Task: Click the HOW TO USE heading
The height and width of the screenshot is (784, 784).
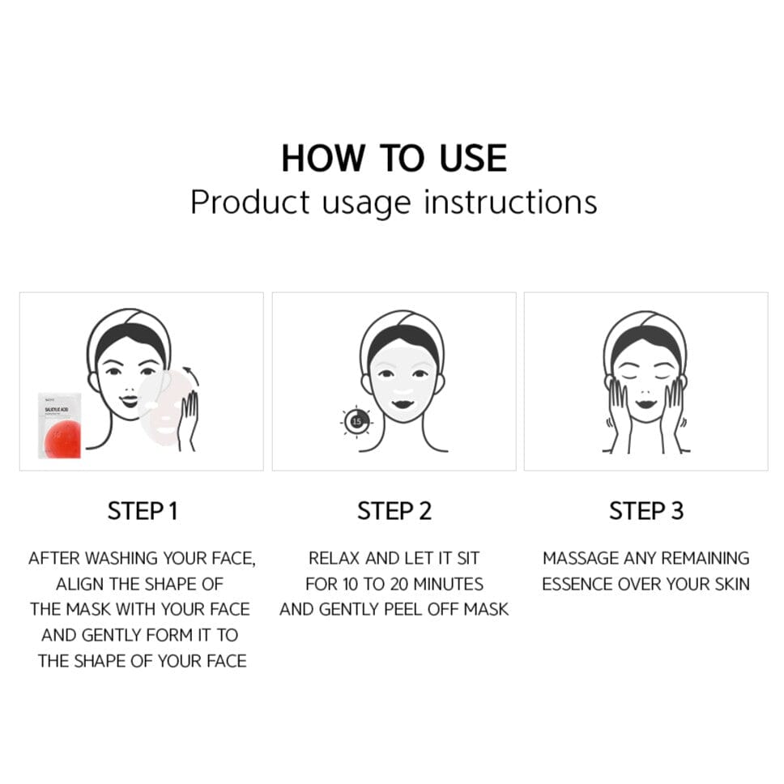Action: [x=394, y=158]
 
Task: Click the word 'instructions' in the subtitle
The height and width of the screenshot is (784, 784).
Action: [x=510, y=202]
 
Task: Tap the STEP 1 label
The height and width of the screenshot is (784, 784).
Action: [x=142, y=511]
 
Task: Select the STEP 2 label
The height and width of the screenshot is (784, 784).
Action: [x=394, y=511]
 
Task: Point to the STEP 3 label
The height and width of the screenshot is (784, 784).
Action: [x=646, y=511]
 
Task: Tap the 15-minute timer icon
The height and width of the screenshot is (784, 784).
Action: [x=356, y=421]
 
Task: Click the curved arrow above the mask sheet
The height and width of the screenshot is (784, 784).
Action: [x=190, y=375]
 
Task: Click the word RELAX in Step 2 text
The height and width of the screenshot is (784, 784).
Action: [x=335, y=558]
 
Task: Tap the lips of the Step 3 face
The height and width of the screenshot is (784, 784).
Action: [x=646, y=403]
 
